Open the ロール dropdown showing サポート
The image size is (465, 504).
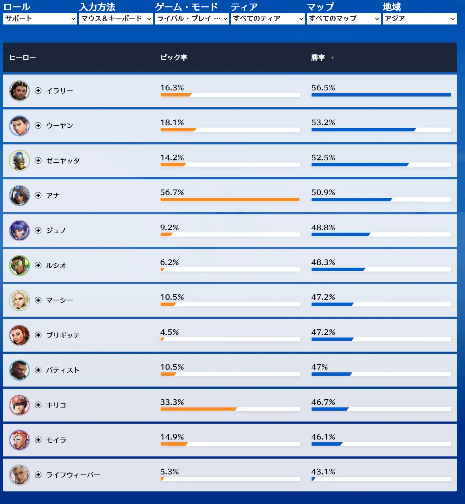coord(40,18)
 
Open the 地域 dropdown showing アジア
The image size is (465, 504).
coord(420,18)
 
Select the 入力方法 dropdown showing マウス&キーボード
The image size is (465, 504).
coord(116,18)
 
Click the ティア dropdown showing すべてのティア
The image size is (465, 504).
coord(268,18)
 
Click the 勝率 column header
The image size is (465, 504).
coord(318,57)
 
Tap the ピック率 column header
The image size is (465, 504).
coord(174,57)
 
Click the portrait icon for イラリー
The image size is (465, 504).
coord(19,91)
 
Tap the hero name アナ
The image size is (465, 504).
coord(53,196)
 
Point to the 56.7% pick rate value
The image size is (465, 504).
coord(172,192)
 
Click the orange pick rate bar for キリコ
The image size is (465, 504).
coord(198,409)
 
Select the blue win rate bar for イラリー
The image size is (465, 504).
coord(381,95)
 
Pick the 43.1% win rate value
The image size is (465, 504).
coord(323,472)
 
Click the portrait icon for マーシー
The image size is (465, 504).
coord(19,300)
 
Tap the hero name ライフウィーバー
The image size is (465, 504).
coord(73,475)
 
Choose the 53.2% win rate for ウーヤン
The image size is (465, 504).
coord(323,122)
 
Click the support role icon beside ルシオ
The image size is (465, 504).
coord(38,265)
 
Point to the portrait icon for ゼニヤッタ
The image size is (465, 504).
coord(19,160)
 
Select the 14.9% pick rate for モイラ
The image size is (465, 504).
coord(172,437)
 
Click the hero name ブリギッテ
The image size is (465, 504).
coord(63,335)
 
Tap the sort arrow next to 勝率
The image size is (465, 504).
coord(332,57)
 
